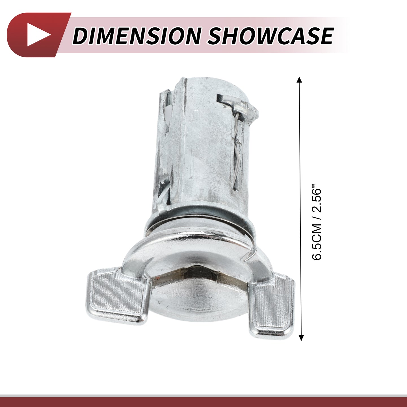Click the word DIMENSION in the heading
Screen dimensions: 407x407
click(x=137, y=36)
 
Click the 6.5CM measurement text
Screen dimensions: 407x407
click(x=316, y=247)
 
